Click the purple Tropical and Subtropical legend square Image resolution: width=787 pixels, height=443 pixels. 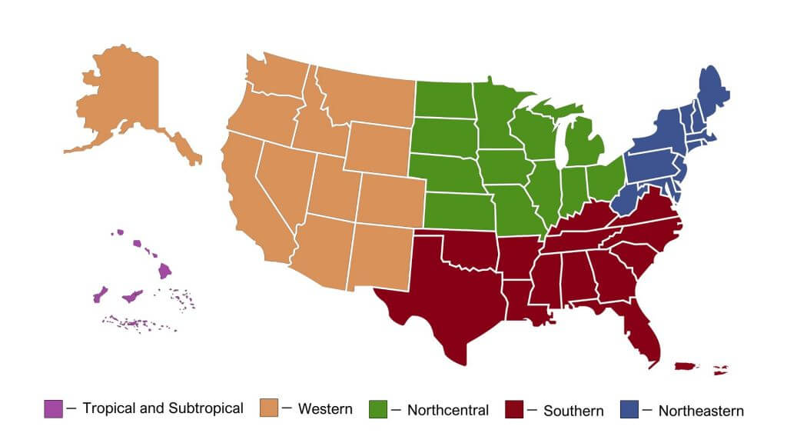tap(53, 409)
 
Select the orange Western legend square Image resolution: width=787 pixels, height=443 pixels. tap(269, 409)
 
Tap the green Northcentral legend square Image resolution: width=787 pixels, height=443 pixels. tap(378, 409)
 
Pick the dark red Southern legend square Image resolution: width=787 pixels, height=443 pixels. tap(514, 409)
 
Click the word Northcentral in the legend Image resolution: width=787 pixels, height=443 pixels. tap(447, 410)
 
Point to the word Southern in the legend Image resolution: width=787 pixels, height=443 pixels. tap(573, 411)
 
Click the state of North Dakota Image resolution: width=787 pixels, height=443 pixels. tap(443, 99)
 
